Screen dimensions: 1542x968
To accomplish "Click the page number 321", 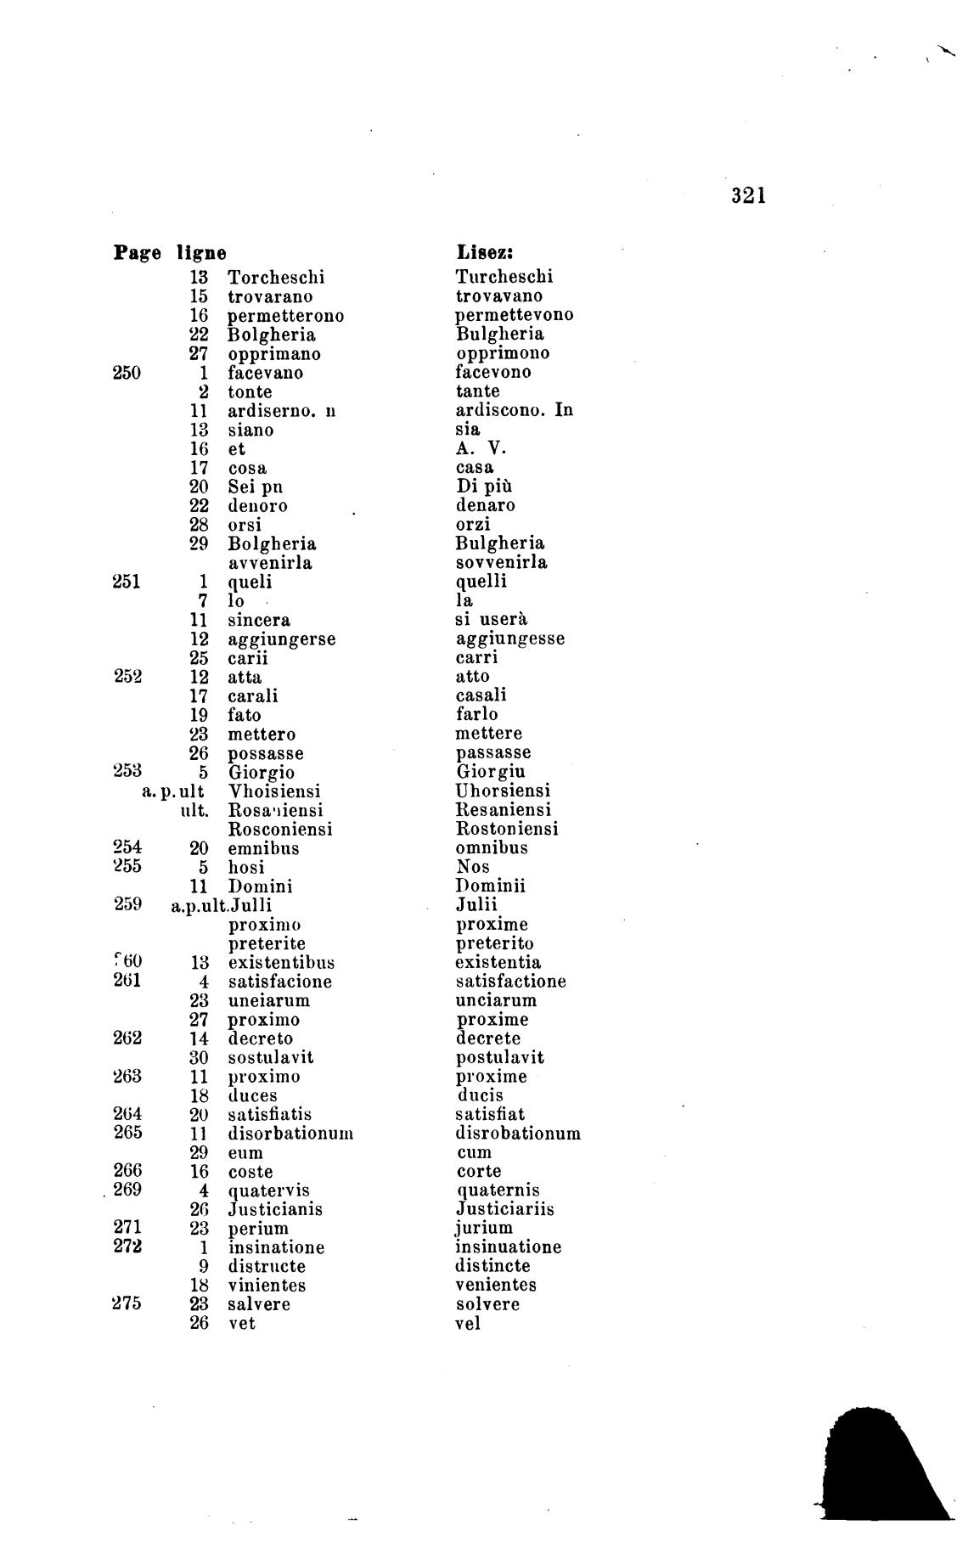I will pos(749,196).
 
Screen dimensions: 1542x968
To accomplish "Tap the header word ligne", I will pos(201,252).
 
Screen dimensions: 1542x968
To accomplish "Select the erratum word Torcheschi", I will pos(276,277).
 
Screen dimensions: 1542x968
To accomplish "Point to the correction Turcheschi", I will pos(504,276).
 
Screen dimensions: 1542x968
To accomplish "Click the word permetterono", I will pos(285,316).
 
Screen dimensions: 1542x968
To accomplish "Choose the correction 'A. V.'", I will pos(481,448).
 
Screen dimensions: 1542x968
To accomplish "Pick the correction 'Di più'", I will pos(484,487).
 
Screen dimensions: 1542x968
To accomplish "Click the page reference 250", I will pos(127,372).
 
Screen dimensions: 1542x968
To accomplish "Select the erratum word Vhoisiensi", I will pos(275,791).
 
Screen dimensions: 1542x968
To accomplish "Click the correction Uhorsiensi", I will pos(504,791).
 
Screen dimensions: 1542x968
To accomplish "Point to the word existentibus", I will pos(281,963).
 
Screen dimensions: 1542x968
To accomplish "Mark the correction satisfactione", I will pos(510,982).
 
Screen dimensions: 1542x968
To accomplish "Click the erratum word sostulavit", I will pos(271,1058).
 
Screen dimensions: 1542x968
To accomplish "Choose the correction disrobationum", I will pos(518,1134).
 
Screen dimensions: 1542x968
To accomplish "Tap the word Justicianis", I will pos(275,1209).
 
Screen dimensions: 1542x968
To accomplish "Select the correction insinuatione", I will pos(509,1247).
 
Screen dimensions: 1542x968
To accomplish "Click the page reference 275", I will pos(127,1304).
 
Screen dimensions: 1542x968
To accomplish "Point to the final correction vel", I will pos(468,1323).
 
